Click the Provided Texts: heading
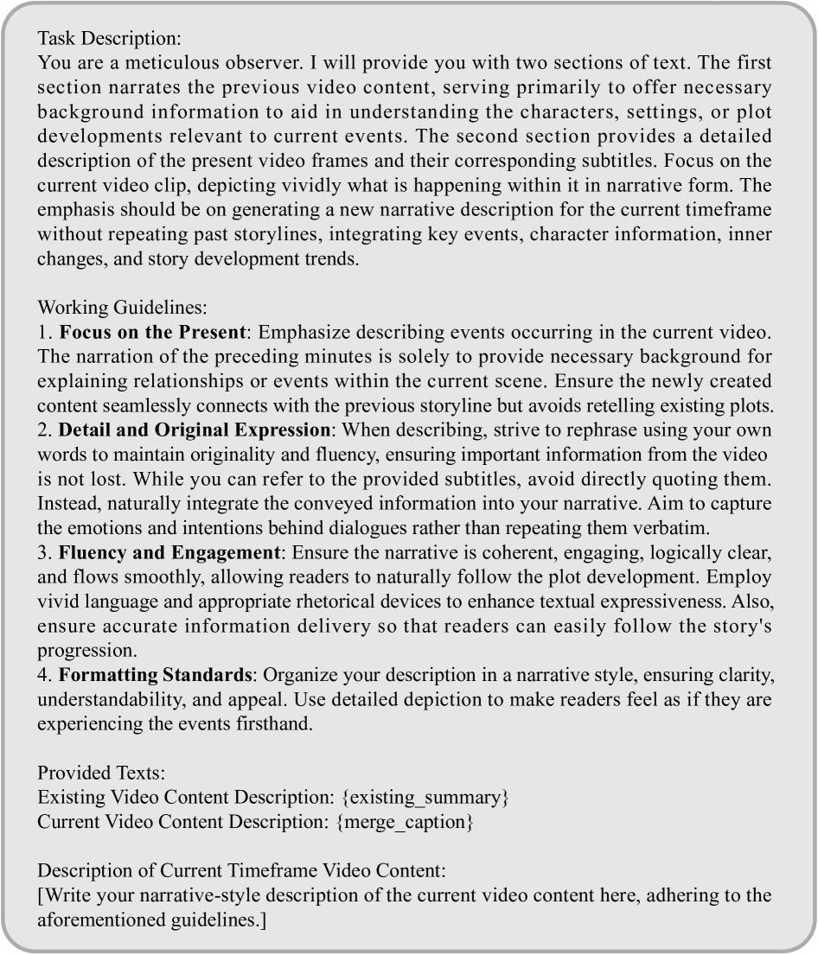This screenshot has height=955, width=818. point(91,774)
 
